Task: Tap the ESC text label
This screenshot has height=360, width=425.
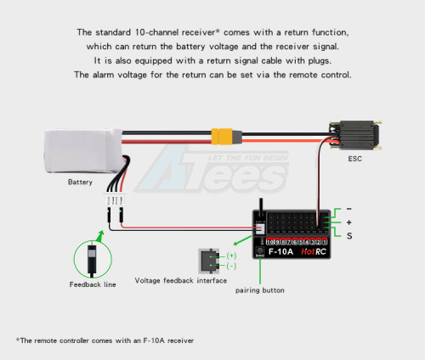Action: click(354, 159)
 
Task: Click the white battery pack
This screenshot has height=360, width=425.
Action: click(83, 151)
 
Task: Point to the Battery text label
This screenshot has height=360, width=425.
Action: click(80, 182)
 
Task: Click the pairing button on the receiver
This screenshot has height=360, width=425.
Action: click(259, 250)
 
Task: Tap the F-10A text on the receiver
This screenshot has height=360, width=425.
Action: click(280, 251)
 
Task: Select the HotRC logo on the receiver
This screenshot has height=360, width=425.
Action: click(314, 251)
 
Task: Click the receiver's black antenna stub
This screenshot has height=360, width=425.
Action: click(261, 205)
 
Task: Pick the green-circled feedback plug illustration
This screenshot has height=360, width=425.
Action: click(93, 259)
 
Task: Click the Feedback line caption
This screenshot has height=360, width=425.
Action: click(93, 284)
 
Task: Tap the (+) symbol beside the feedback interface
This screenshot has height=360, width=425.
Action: click(231, 256)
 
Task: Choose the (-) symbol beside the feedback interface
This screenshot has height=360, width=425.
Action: click(231, 266)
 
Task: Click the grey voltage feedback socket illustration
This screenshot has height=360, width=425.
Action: click(209, 261)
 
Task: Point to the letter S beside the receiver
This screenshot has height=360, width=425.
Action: click(349, 236)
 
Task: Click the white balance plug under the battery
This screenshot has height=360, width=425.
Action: click(115, 200)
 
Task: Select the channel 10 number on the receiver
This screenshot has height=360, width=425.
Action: click(270, 242)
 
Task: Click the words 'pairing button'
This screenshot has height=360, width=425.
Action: click(260, 290)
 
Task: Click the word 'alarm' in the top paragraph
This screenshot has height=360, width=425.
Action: click(104, 75)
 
